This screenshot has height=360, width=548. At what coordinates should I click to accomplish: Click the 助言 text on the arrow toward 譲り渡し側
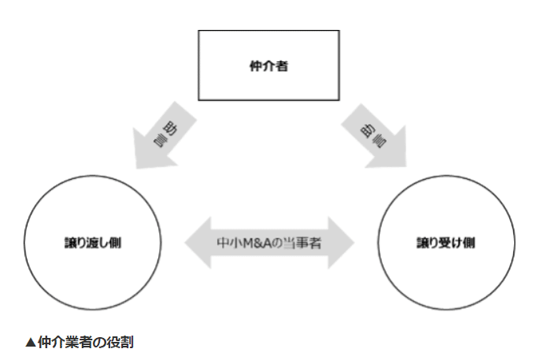[x=165, y=131]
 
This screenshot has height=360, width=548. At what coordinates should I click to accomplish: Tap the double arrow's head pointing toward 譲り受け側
[x=341, y=241]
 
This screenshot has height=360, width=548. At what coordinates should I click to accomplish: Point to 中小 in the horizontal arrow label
[x=227, y=241]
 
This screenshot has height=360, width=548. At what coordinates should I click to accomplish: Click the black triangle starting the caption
[x=31, y=341]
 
